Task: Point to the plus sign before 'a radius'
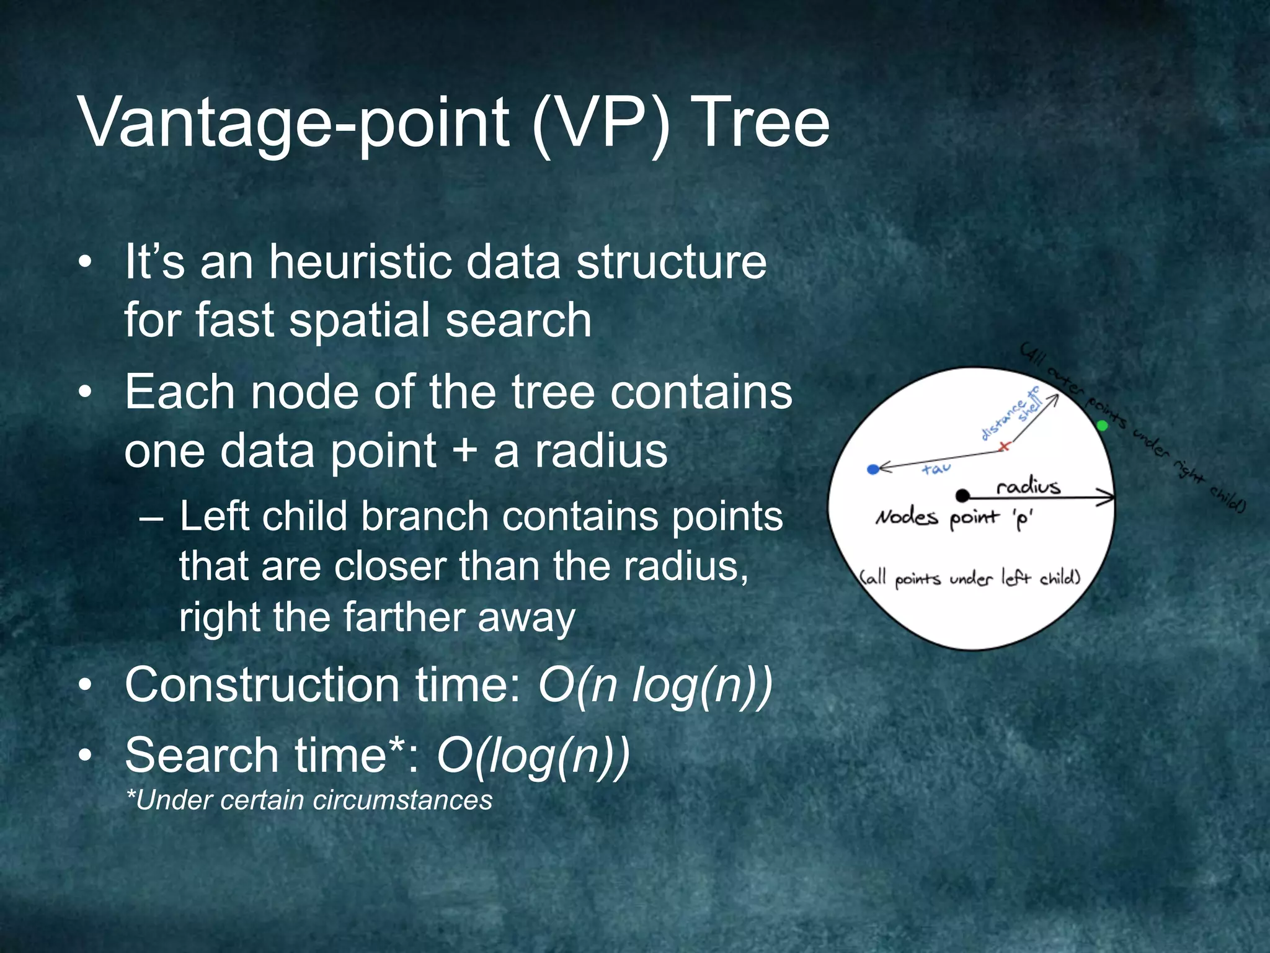464,451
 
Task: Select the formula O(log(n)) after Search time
533,756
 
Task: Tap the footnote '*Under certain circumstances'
309,800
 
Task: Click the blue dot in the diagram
873,470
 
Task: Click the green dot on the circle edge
1102,426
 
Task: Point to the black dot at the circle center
962,495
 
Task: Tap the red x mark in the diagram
1005,445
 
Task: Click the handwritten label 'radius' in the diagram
1028,486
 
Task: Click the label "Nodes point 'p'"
954,518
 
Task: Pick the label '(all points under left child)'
970,578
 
